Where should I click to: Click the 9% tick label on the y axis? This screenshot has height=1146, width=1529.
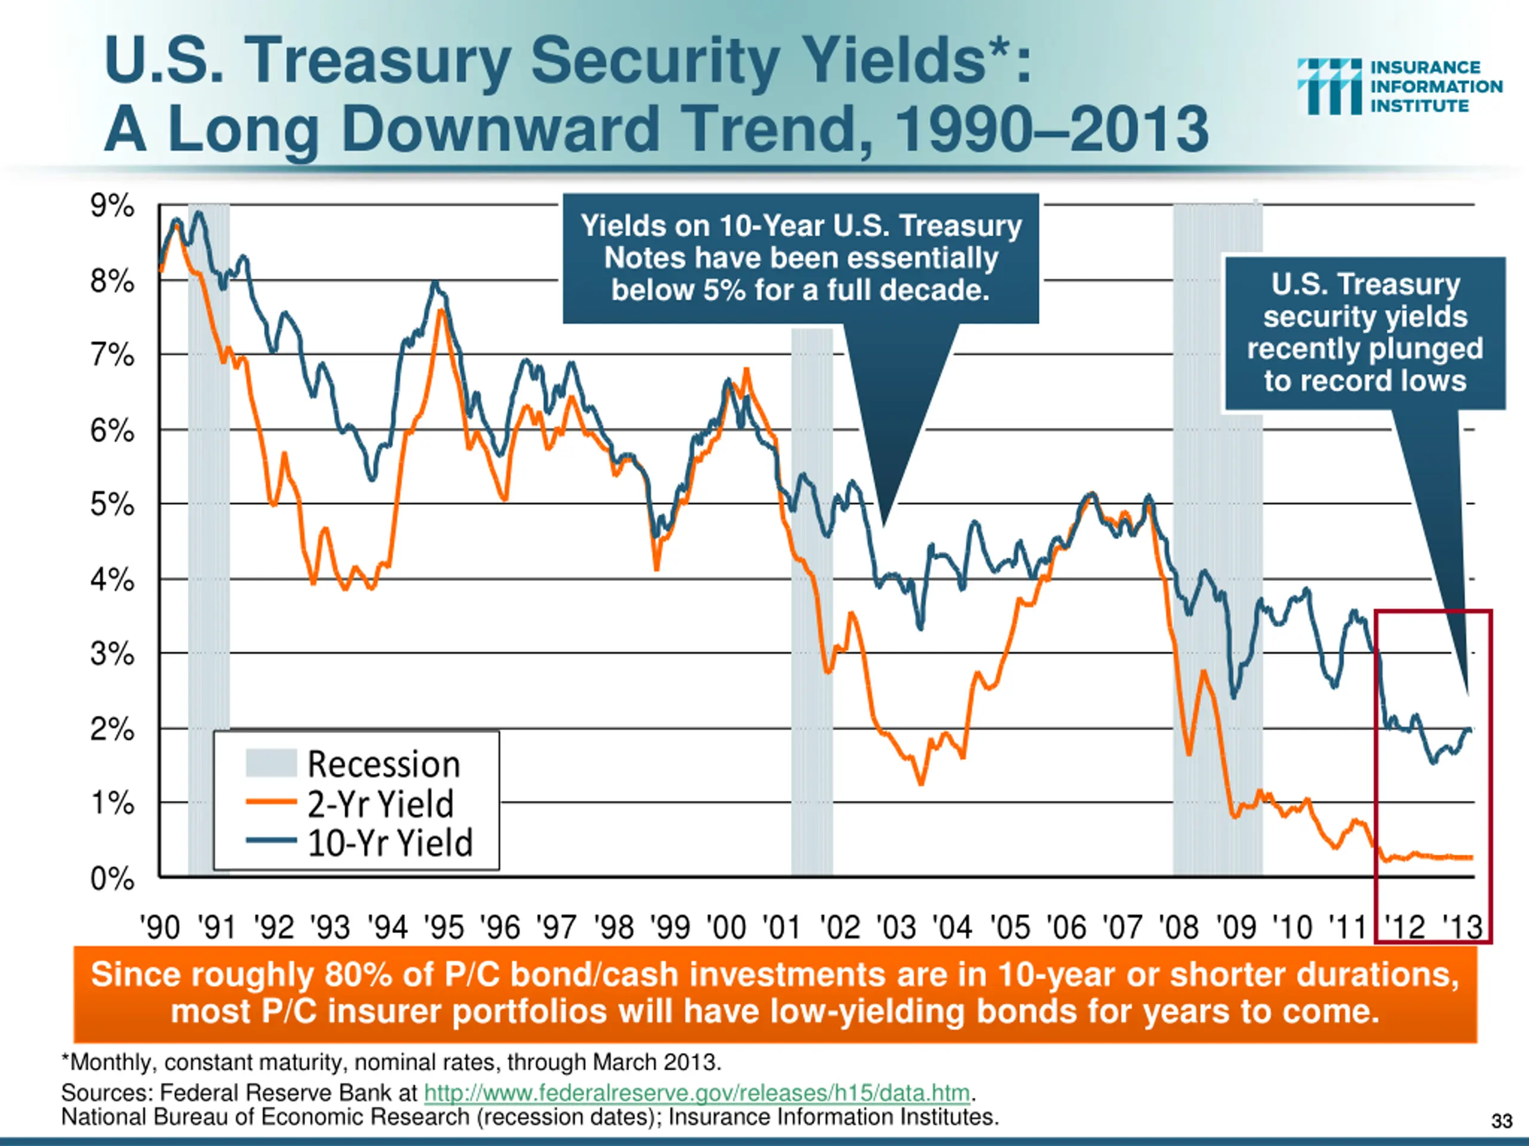pos(112,206)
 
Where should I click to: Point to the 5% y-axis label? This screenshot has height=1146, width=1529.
pos(112,505)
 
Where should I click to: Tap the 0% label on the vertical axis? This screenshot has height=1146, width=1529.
pos(112,879)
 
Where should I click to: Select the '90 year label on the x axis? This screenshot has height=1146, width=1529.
pos(159,927)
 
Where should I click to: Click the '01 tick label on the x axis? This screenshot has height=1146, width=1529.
pos(782,927)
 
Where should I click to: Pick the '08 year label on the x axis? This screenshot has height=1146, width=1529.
pos(1178,927)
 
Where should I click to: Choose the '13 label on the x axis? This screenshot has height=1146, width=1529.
pos(1462,927)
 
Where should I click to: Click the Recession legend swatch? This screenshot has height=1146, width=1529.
pos(271,763)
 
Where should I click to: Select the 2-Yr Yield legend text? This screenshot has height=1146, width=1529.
pos(381,803)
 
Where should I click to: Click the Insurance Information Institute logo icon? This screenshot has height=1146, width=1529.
pos(1328,87)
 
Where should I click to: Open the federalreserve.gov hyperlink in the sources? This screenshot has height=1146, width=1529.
pos(697,1093)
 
